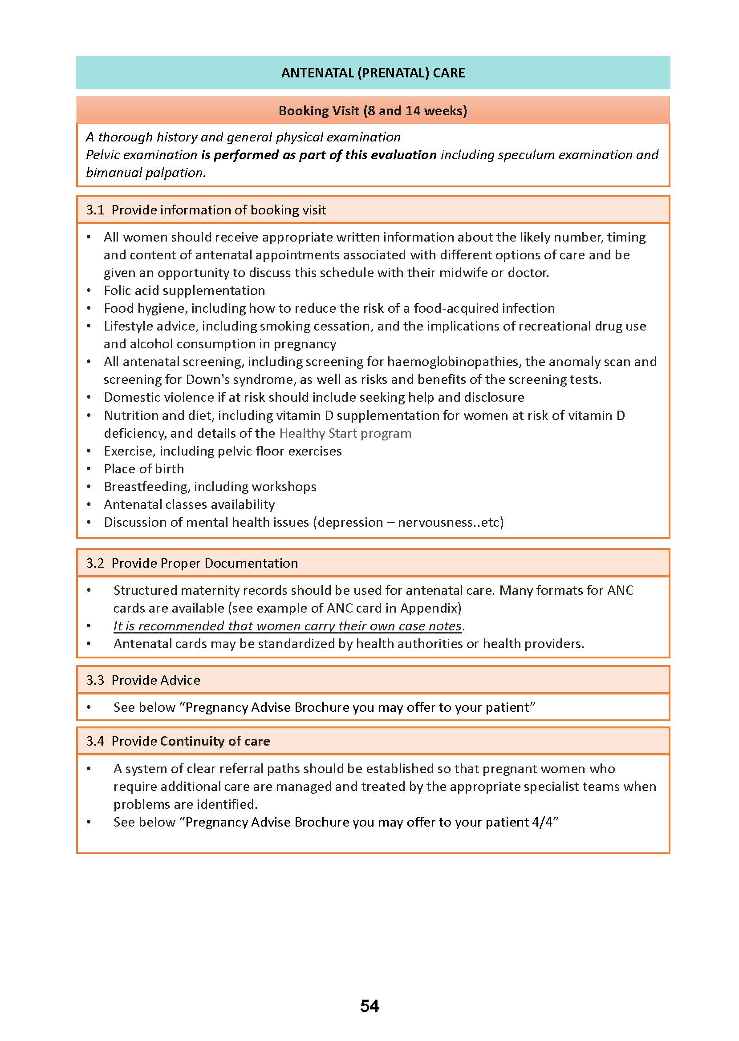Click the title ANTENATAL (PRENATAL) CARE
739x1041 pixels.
[x=373, y=73]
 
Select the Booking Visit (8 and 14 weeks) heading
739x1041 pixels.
[x=373, y=110]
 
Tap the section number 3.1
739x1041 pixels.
[x=95, y=210]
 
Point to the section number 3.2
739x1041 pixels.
[x=95, y=563]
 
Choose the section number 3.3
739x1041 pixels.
[x=95, y=680]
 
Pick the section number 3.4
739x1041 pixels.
[x=95, y=741]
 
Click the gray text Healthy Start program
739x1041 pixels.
[x=345, y=433]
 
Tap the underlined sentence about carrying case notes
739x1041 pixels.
[x=288, y=626]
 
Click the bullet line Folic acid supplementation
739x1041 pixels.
[x=184, y=290]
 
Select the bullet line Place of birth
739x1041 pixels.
[x=144, y=468]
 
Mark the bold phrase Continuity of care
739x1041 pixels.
[x=215, y=741]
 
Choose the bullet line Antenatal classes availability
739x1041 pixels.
[x=189, y=504]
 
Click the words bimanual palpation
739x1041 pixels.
[x=145, y=172]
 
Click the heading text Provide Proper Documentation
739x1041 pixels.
[x=205, y=563]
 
